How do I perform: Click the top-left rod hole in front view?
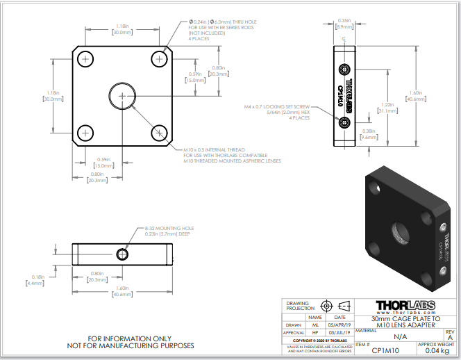pyautogui.click(x=85, y=60)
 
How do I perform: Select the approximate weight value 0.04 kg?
pyautogui.click(x=437, y=351)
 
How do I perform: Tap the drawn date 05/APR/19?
pyautogui.click(x=341, y=325)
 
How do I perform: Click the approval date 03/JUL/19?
pyautogui.click(x=341, y=333)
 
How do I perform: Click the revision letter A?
pyautogui.click(x=449, y=337)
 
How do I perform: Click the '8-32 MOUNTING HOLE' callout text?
pyautogui.click(x=169, y=228)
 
